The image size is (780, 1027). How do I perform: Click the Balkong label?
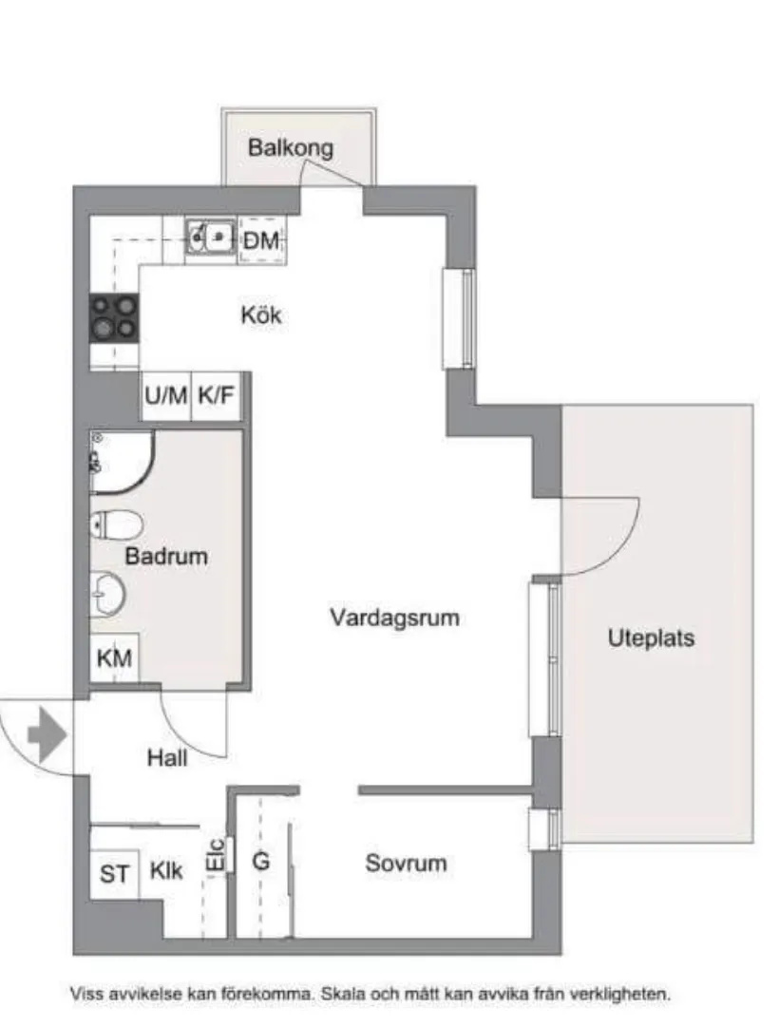coord(291,148)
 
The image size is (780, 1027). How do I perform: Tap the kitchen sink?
coord(211,237)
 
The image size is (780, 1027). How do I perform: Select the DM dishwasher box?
coord(261,241)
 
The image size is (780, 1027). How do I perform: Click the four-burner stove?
coord(114,318)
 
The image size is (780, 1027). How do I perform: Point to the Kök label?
coord(260,315)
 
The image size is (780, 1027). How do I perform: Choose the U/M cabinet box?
coord(165,396)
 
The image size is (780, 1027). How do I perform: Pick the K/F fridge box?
coord(216,396)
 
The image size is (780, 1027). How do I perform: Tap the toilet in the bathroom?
coord(115,525)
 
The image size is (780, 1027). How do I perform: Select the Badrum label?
coord(165,557)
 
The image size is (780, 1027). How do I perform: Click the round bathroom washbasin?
coord(107,595)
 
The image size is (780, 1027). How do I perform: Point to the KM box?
coord(114,657)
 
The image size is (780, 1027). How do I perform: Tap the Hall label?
coord(167,758)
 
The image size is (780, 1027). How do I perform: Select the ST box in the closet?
coord(114,873)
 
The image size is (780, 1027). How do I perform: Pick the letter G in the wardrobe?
coord(260,862)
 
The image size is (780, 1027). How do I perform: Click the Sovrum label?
coord(406,865)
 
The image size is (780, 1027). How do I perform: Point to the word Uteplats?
coord(651,637)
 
